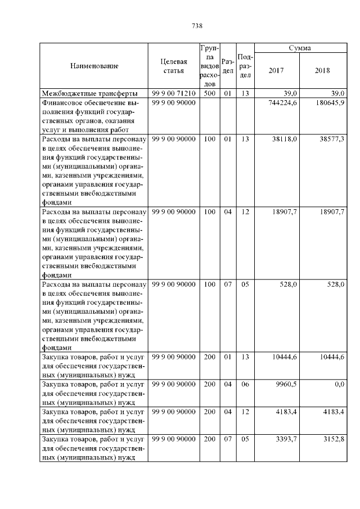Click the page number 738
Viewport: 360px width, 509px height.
(197, 26)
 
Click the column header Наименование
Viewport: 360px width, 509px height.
(94, 66)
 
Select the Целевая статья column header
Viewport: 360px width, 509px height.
(172, 66)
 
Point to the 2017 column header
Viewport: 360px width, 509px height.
(276, 71)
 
